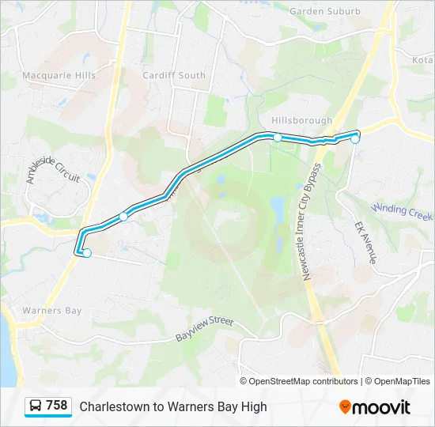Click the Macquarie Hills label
click(59, 75)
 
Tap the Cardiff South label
click(175, 75)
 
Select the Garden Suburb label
click(325, 11)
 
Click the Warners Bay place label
click(52, 311)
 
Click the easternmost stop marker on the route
click(356, 139)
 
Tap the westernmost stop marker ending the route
click(87, 253)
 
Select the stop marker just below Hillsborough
click(278, 138)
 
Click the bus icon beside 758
click(36, 406)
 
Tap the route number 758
click(57, 406)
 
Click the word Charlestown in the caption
click(112, 406)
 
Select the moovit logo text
click(380, 407)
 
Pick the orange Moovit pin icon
click(345, 406)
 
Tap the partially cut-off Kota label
click(423, 59)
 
